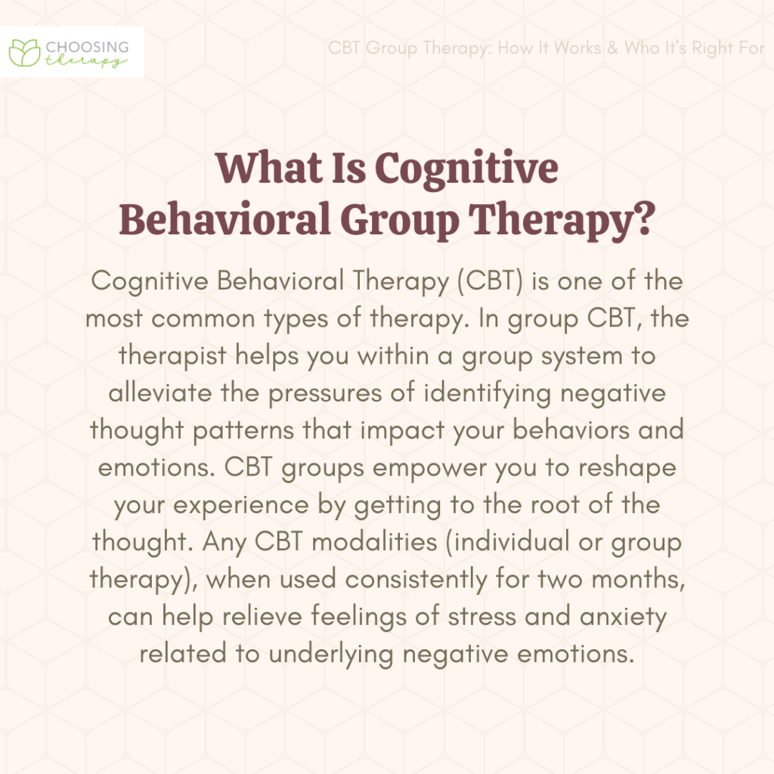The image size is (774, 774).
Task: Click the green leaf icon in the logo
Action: coord(26,51)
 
